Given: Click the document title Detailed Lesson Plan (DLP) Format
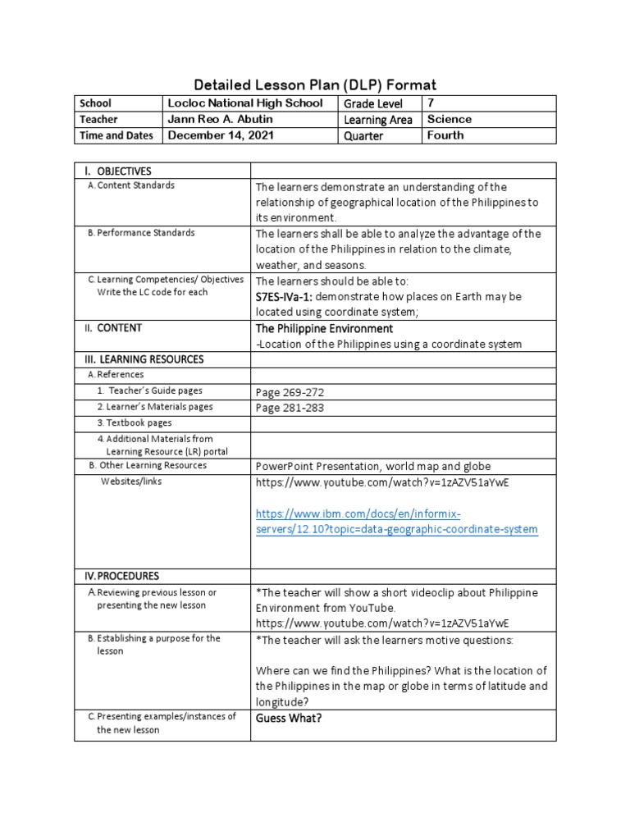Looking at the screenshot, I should [314, 84].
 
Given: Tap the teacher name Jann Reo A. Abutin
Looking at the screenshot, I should [219, 119].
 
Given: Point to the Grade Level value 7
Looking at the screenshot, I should [431, 103].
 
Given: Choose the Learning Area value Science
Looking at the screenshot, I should [450, 119].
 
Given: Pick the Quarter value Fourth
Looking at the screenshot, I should [445, 135].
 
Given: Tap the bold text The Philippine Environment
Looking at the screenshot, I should [325, 328].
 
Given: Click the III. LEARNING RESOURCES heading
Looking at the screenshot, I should [142, 359].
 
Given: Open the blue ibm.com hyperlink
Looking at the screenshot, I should [397, 522].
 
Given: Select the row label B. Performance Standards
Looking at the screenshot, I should [141, 233].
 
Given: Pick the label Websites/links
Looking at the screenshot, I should [131, 482].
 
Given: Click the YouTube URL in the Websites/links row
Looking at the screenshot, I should [382, 482].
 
